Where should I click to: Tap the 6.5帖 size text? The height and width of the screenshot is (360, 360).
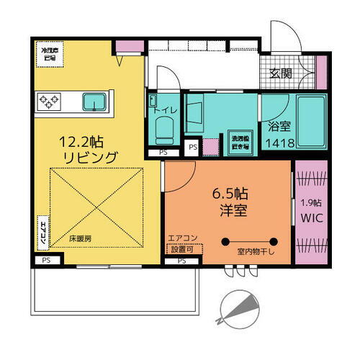tap(228, 194)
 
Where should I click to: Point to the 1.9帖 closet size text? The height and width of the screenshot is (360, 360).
tap(311, 203)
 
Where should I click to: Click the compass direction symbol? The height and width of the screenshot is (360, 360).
tap(240, 305)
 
